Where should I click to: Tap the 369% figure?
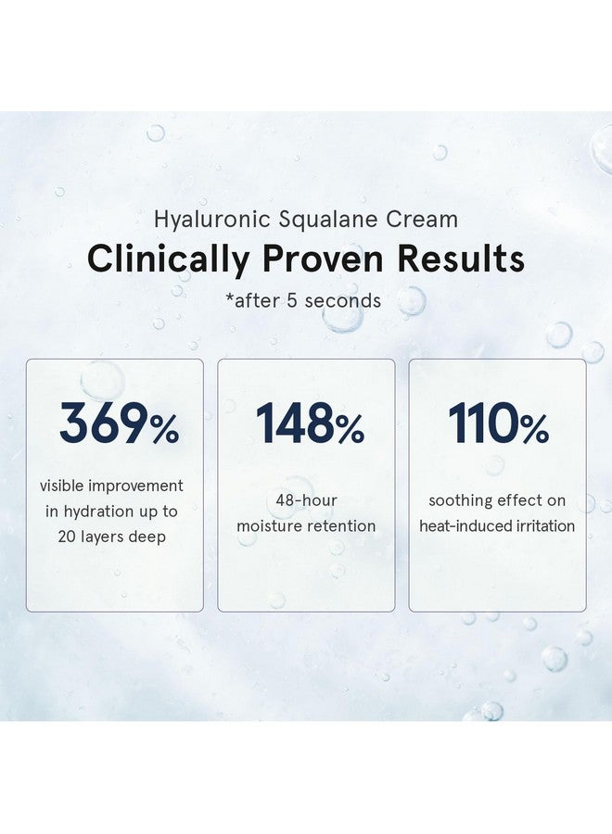coord(119,425)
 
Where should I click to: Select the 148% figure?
coord(310,425)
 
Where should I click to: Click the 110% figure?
coord(498,425)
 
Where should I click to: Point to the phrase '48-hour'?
coord(306,500)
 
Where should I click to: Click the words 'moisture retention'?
coord(306,526)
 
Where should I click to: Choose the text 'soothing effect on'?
coord(497,500)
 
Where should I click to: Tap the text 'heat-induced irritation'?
coord(497,526)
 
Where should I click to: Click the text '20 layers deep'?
coord(111,537)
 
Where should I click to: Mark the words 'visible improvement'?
coord(111,486)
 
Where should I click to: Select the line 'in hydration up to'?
coord(111,511)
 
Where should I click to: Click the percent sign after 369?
coord(164,429)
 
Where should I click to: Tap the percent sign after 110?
coord(534,429)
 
